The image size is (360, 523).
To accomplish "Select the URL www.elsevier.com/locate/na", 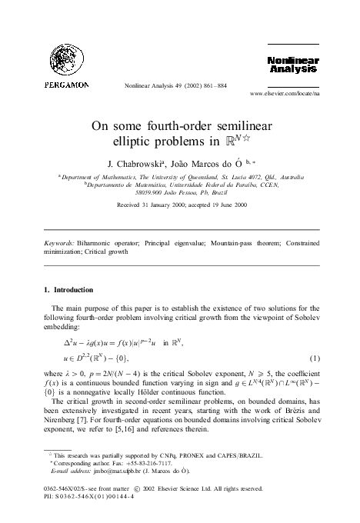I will coord(285,94).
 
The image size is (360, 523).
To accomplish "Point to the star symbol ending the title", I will coord(252,140).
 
